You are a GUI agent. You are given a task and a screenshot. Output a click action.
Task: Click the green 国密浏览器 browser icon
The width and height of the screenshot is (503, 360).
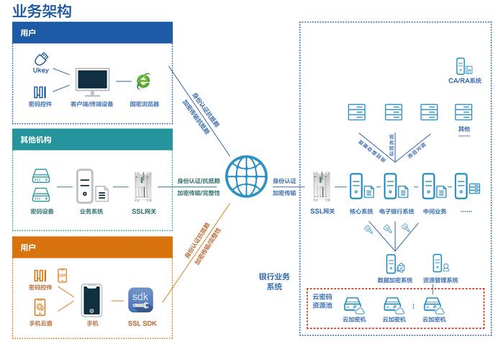click(144, 82)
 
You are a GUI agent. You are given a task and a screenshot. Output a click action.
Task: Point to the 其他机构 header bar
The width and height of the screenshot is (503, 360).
click(92, 139)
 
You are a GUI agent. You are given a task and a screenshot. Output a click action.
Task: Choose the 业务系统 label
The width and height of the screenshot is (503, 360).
click(91, 211)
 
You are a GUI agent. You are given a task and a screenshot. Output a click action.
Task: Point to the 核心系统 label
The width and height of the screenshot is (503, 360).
click(361, 211)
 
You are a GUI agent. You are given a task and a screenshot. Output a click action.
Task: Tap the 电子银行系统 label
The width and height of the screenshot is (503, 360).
click(396, 211)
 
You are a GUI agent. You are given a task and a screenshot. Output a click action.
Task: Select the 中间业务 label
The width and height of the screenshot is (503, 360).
click(435, 211)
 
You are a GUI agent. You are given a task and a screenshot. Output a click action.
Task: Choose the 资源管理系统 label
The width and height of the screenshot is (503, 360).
click(440, 279)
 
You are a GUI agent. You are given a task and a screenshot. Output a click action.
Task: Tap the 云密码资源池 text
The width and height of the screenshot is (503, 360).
click(322, 301)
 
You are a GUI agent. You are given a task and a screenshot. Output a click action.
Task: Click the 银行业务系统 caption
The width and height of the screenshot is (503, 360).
click(274, 282)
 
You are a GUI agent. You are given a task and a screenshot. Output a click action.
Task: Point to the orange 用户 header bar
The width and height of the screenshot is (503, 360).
click(92, 247)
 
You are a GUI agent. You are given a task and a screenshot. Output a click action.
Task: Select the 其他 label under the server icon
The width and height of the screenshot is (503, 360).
click(464, 129)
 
